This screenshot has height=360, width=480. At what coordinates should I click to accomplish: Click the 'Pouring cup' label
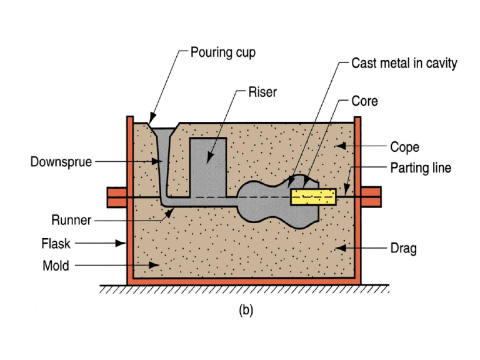click(223, 52)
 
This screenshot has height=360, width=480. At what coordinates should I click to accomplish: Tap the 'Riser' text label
click(262, 92)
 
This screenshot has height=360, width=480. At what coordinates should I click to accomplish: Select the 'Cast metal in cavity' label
click(404, 63)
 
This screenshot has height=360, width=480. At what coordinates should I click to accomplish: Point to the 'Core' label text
click(364, 101)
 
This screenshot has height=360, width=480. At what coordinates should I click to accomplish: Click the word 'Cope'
click(405, 147)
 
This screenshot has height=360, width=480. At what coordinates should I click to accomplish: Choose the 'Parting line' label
click(421, 167)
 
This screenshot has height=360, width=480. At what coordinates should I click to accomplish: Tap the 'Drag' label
click(404, 248)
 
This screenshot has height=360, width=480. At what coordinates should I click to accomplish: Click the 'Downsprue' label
click(61, 162)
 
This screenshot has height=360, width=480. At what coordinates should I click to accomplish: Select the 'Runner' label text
click(71, 220)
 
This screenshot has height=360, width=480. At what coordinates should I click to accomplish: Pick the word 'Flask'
click(56, 244)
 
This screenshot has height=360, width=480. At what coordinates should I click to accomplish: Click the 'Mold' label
click(56, 266)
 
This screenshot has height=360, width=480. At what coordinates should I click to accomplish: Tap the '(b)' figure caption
click(246, 310)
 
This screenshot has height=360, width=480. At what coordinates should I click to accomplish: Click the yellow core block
click(313, 197)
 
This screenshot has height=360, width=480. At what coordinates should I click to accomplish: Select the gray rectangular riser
click(208, 167)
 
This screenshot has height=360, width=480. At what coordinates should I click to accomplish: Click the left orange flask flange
click(117, 197)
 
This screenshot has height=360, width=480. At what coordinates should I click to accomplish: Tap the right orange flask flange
click(371, 197)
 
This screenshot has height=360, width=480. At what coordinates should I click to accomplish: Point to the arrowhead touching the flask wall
click(121, 243)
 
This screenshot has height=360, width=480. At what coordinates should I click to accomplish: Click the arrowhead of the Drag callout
click(341, 247)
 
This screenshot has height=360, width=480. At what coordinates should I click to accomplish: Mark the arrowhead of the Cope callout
click(341, 146)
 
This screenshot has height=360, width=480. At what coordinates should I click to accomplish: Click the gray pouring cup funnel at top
click(164, 132)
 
